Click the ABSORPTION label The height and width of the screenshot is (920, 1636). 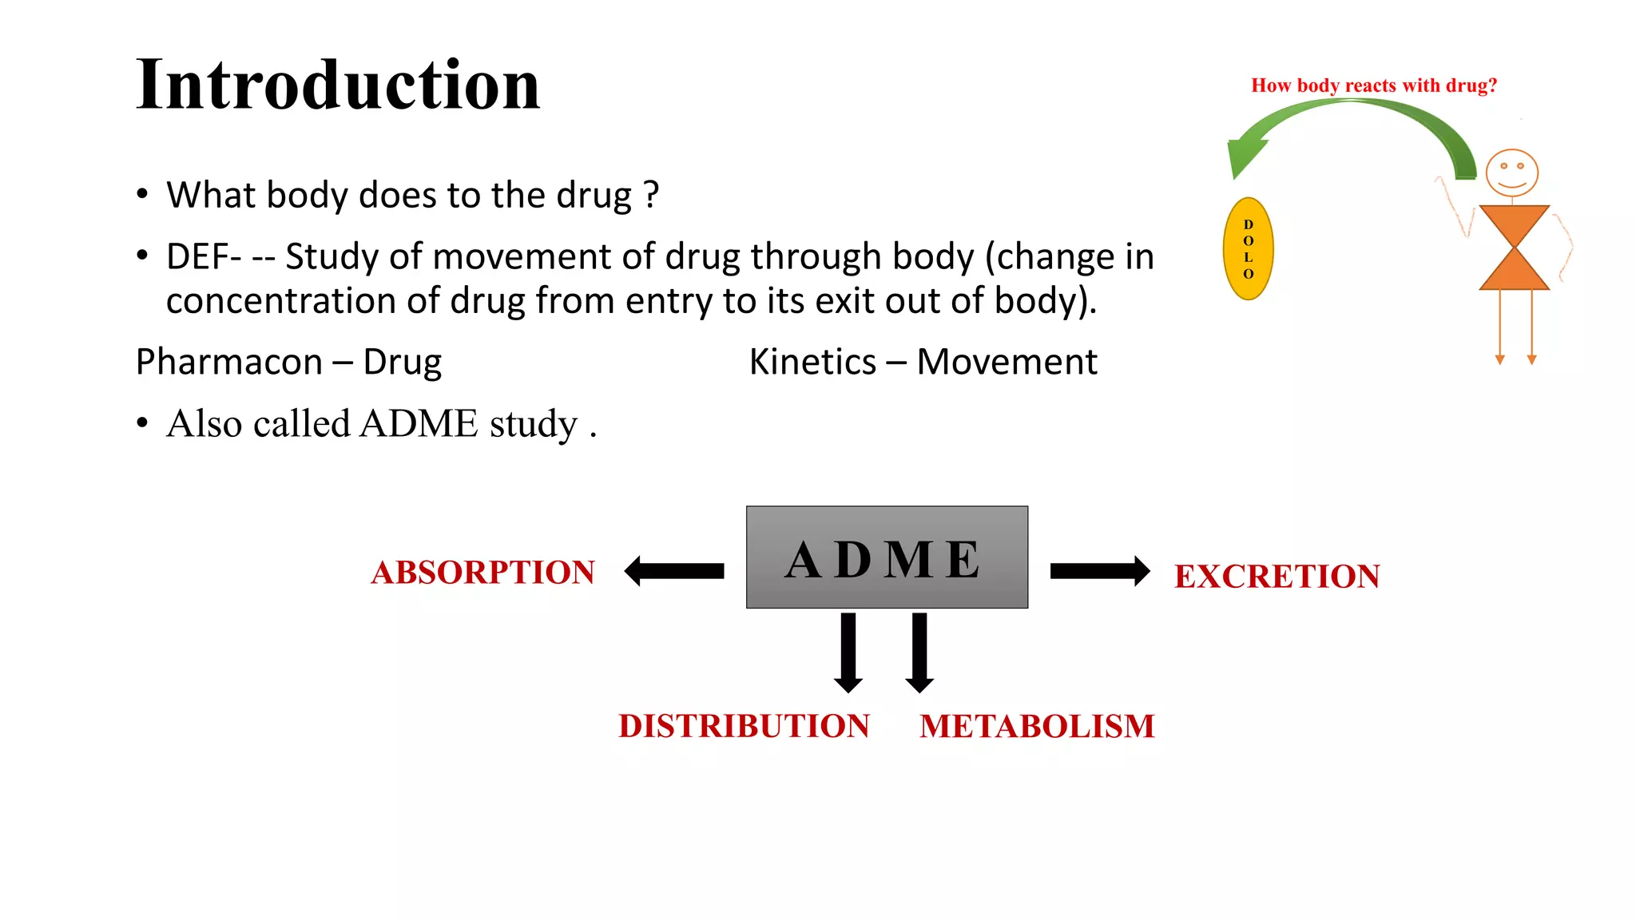coord(483,573)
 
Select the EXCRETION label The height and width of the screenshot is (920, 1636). coord(1277,577)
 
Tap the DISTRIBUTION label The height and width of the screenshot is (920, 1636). coord(744,726)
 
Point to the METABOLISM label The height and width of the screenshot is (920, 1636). coord(1037,727)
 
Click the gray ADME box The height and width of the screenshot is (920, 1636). coord(887,557)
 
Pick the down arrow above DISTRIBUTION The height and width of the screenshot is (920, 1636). coord(848,652)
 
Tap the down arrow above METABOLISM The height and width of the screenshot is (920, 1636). coord(919,652)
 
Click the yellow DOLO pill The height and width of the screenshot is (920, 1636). coord(1248,249)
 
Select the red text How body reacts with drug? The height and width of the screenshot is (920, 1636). coord(1373,85)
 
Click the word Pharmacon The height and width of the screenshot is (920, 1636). coord(228,362)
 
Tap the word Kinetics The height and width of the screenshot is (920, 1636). coord(812,362)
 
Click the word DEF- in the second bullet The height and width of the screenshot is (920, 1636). coord(203,257)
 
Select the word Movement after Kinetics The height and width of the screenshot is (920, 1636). coord(1007,362)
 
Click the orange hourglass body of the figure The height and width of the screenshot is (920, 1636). coord(1514,248)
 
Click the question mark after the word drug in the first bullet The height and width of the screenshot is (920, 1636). coord(651,194)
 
